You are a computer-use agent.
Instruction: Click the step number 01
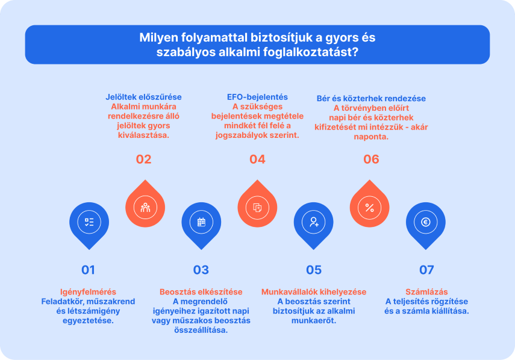[x=89, y=270]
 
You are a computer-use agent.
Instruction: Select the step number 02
[x=143, y=160]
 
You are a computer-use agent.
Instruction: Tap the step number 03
[x=201, y=270]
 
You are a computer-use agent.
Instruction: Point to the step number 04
[x=257, y=160]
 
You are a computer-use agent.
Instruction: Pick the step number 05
[x=314, y=270]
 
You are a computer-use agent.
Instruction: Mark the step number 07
[x=426, y=270]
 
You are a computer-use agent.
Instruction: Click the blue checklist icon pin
[x=89, y=222]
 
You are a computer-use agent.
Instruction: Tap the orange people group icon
[x=145, y=208]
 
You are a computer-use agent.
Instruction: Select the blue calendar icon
[x=201, y=222]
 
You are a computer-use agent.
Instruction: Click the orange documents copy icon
[x=258, y=208]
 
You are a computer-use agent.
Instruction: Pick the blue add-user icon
[x=314, y=222]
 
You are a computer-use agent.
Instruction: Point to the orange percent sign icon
[x=370, y=208]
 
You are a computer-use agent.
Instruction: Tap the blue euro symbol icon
[x=426, y=222]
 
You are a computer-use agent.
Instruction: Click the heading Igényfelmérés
[x=89, y=292]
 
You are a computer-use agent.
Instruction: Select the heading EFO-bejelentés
[x=257, y=97]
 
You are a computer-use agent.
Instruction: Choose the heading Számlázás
[x=426, y=292]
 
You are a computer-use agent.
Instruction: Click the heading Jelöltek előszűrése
[x=143, y=97]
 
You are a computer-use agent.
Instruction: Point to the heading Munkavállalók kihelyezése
[x=314, y=292]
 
